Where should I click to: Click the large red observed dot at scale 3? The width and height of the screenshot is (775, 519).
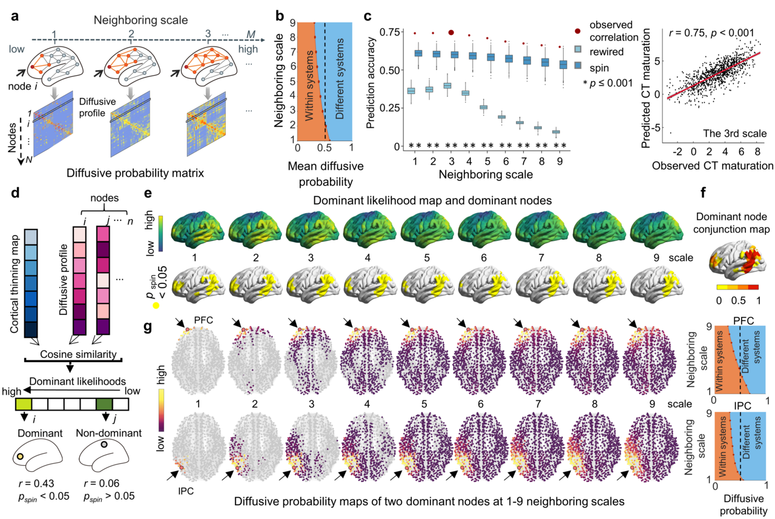[x=451, y=33]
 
